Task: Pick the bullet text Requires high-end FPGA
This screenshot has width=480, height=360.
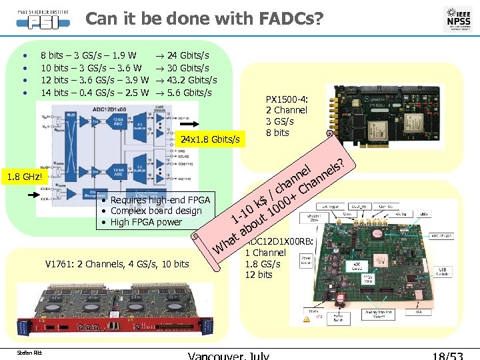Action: (x=160, y=200)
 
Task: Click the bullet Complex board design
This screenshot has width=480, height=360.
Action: (x=155, y=211)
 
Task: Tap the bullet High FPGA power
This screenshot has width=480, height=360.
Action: (x=146, y=222)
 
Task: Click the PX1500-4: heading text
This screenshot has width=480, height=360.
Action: (x=286, y=100)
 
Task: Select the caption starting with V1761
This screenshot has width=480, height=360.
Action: (x=117, y=264)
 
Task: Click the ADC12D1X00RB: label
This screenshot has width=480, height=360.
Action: (x=279, y=242)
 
